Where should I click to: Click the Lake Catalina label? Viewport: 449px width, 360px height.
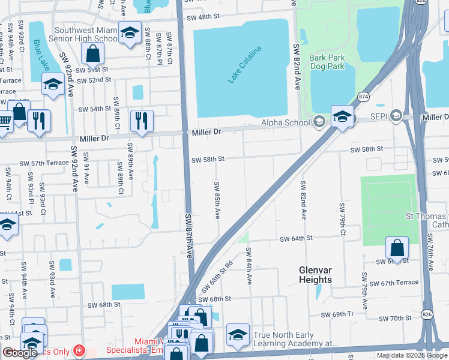tap(245, 64)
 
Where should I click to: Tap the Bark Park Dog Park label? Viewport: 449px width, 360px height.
tap(327, 62)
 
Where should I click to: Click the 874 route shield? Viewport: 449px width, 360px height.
tap(364, 95)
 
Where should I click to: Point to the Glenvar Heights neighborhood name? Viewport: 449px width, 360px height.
tap(315, 275)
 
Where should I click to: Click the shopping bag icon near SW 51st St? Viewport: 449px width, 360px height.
tap(93, 54)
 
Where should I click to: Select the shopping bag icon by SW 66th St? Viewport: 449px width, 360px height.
tap(397, 247)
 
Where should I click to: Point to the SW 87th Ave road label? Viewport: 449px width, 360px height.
tap(188, 236)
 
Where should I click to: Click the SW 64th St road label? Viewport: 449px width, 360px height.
tap(297, 238)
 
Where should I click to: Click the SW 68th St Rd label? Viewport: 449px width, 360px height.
tap(221, 272)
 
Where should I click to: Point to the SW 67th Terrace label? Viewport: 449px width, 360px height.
tap(394, 283)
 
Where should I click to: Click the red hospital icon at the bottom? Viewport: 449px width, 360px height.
tap(78, 350)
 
